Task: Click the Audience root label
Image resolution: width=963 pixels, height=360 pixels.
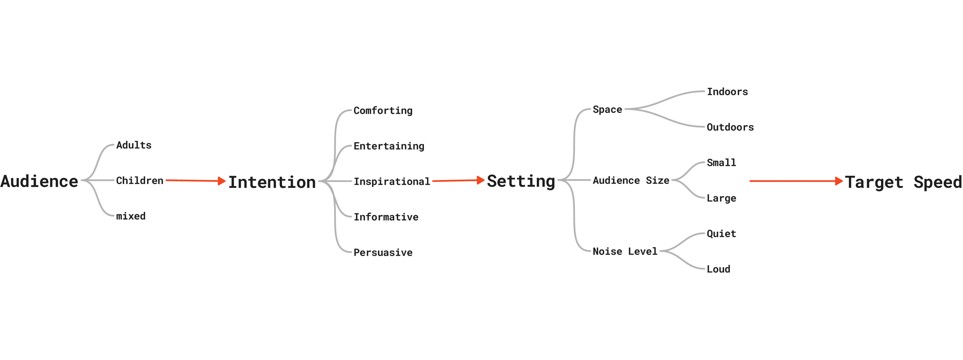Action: tap(39, 181)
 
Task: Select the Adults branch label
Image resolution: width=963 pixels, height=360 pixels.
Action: tap(134, 145)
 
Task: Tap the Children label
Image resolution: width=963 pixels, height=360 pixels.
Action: tap(139, 181)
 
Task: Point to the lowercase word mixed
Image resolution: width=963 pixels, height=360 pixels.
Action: tap(130, 216)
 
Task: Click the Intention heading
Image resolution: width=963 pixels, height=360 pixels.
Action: tap(272, 182)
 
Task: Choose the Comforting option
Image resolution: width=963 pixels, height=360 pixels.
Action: tap(383, 111)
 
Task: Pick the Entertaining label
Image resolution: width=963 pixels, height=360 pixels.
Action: tap(389, 146)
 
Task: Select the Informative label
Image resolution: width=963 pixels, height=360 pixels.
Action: tap(386, 217)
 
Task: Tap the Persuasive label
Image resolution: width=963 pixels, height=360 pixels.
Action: tap(383, 252)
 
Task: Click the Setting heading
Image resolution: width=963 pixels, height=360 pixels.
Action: tap(521, 181)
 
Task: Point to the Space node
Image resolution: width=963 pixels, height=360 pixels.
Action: tap(607, 110)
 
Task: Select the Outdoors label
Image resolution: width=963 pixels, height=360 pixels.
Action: tap(730, 127)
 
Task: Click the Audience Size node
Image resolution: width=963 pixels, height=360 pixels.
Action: tap(631, 181)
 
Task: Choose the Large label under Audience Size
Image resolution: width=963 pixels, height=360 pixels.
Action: tap(721, 198)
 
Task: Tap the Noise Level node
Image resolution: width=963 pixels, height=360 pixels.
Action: tap(625, 251)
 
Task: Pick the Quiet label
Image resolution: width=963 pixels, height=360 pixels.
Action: tap(721, 234)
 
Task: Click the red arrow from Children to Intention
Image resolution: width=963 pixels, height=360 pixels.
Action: tap(195, 181)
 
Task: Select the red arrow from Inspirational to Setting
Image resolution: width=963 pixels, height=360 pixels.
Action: tap(458, 181)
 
